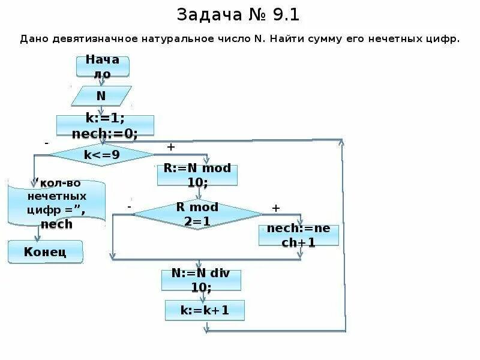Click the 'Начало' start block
[x=102, y=66]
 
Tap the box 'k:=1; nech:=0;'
[x=105, y=126]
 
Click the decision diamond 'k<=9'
[x=101, y=154]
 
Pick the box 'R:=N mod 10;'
[x=197, y=175]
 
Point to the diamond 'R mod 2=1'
[x=197, y=214]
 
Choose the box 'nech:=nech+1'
[x=299, y=235]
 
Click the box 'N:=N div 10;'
[x=201, y=280]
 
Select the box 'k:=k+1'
[x=205, y=310]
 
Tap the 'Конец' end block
[x=45, y=251]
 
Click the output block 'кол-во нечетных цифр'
[x=56, y=203]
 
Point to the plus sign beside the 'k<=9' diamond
[x=170, y=146]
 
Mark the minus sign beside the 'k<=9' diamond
[x=46, y=144]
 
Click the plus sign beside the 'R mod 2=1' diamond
[x=276, y=208]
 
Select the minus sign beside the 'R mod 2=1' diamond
[x=129, y=206]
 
